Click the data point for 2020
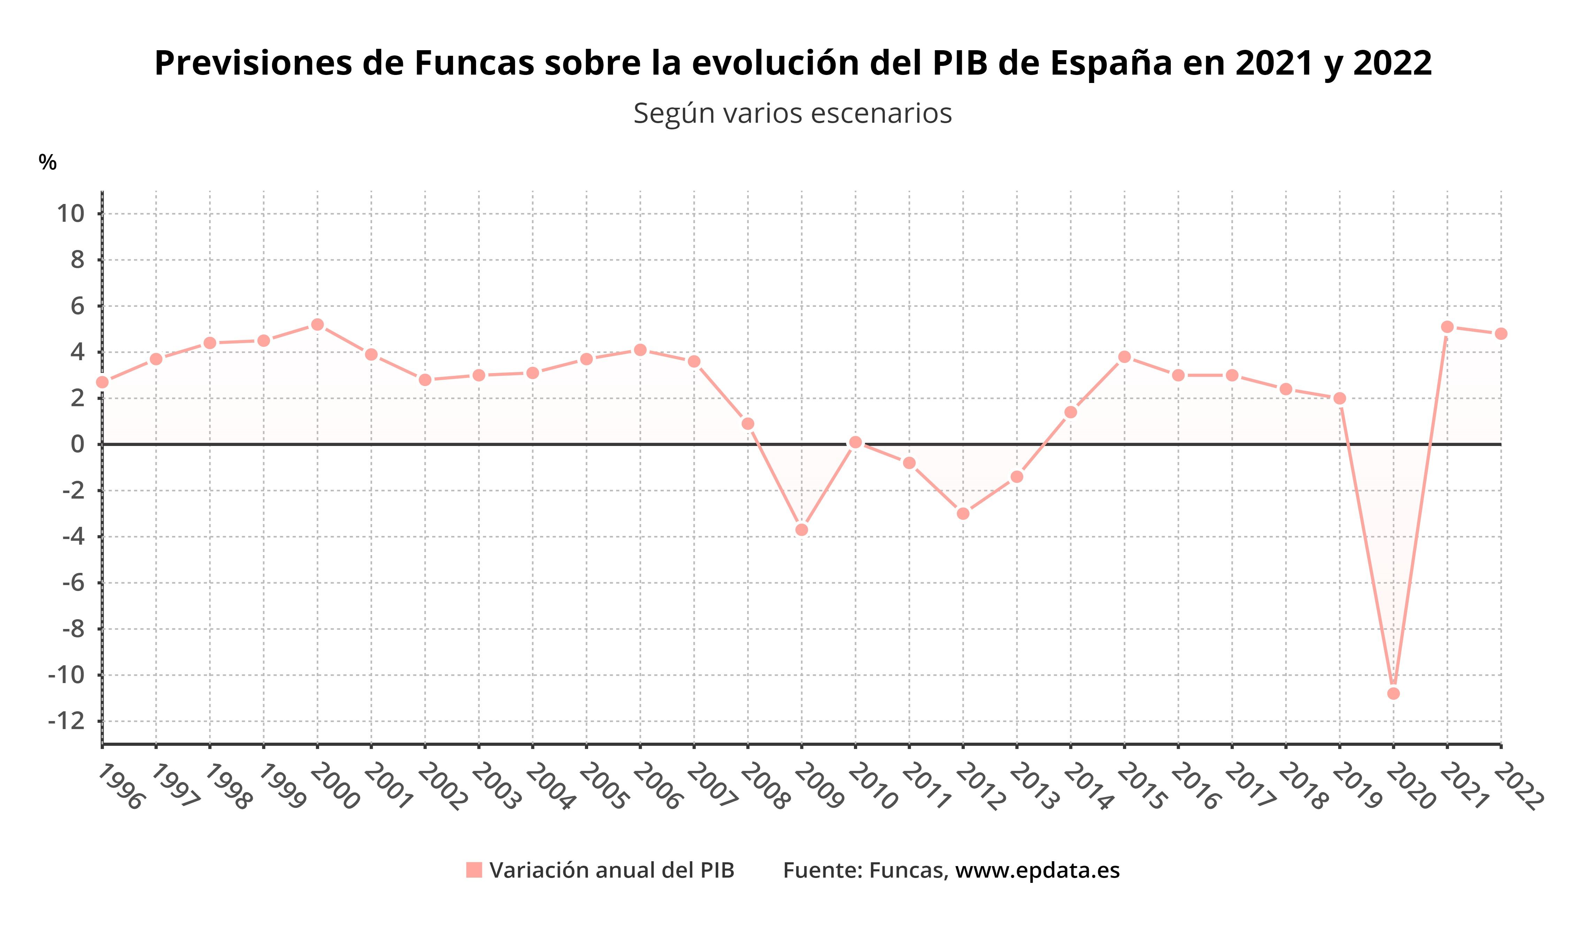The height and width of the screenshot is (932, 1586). coord(1393,693)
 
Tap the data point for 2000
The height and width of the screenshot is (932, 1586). coord(317,324)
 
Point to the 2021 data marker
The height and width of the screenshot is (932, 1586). coord(1447,327)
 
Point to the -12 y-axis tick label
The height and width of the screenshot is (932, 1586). coord(66,721)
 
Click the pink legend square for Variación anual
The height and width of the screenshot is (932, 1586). coord(474,870)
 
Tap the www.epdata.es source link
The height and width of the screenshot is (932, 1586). coord(1037,870)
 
